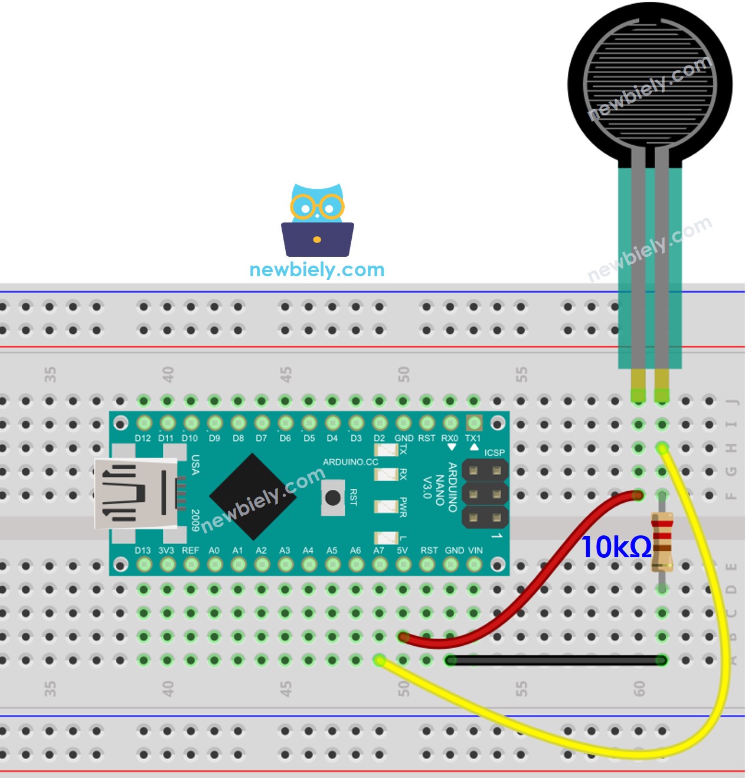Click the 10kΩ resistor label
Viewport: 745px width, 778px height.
[616, 547]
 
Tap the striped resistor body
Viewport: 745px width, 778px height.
[662, 541]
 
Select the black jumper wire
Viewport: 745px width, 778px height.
[555, 661]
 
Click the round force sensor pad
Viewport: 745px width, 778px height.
[650, 83]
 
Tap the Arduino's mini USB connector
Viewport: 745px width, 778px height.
[136, 493]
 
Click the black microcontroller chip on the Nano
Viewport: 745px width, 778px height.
[253, 496]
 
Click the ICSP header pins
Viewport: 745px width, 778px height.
[485, 495]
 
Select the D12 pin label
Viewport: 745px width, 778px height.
[143, 439]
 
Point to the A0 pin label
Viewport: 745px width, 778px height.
[214, 551]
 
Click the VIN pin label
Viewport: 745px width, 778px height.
[475, 551]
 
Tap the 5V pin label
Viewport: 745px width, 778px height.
[402, 551]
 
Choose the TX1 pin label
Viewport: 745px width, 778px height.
[473, 439]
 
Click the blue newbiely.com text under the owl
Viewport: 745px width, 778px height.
[317, 270]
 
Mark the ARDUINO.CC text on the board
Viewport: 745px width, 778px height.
[350, 462]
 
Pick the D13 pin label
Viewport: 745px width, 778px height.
[143, 551]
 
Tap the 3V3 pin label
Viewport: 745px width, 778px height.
[166, 551]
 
